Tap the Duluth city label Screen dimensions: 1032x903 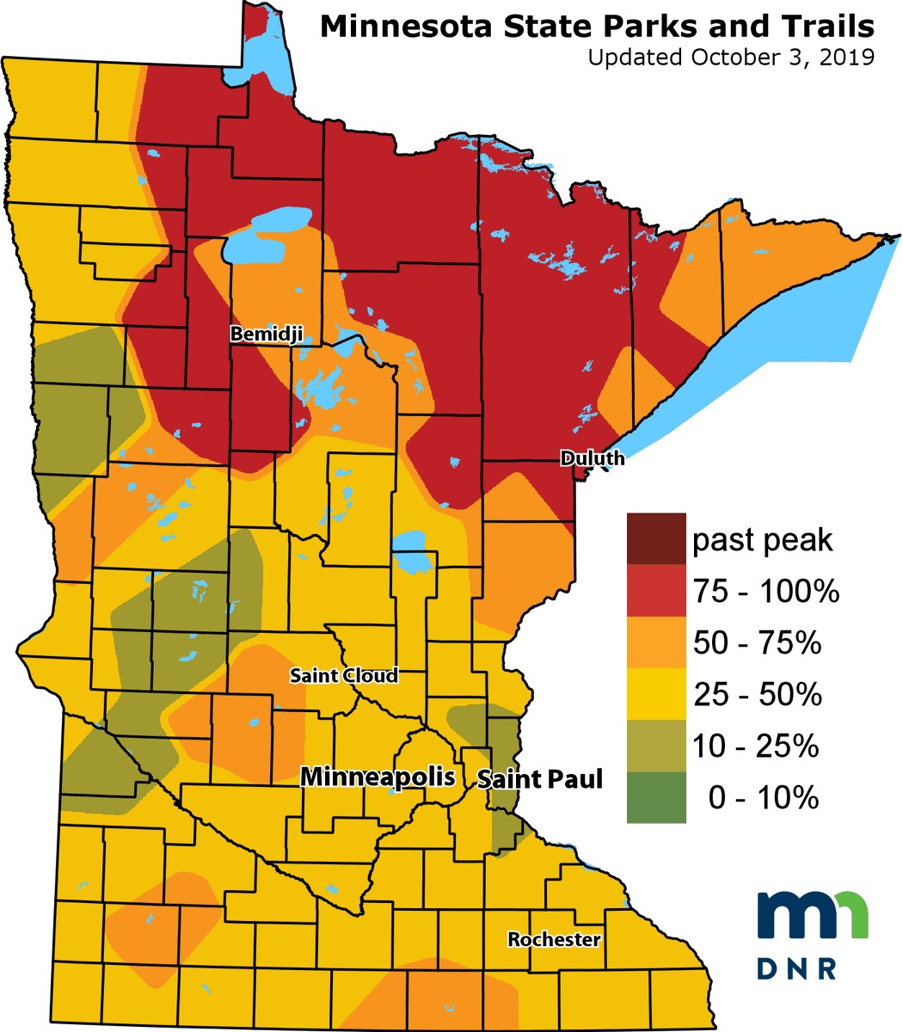tap(593, 458)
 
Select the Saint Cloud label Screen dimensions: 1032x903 tap(344, 675)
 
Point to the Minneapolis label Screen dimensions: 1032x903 tap(378, 777)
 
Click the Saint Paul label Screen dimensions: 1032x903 tap(539, 779)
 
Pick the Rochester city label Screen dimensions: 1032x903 tap(554, 939)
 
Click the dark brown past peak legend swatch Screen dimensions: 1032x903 tap(656, 539)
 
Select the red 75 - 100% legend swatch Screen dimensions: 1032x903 tap(656, 591)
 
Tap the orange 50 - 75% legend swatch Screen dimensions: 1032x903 tap(656, 642)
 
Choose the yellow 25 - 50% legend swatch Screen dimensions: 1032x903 tap(656, 694)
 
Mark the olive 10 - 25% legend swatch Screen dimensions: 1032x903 tap(656, 746)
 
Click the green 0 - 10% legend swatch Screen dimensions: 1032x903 tap(656, 797)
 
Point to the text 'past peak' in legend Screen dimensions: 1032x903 tap(763, 540)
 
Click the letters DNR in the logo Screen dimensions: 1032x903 tap(797, 967)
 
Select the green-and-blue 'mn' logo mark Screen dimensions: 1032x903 tap(812, 915)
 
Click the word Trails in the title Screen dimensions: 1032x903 tap(832, 27)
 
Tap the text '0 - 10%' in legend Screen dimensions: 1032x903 tap(763, 798)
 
